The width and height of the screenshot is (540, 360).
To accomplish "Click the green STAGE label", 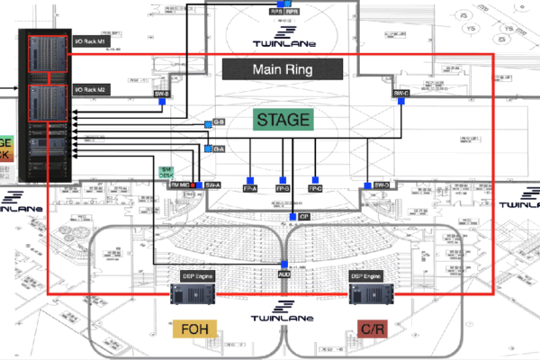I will click(x=283, y=120).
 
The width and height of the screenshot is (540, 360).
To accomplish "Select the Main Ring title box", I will click(x=283, y=69).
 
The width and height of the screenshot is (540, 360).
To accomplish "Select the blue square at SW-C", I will click(x=401, y=103).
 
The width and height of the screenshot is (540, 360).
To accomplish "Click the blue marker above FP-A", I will click(x=250, y=178).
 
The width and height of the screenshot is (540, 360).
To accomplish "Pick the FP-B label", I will click(x=283, y=189).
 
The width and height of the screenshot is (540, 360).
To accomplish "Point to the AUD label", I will click(x=283, y=274).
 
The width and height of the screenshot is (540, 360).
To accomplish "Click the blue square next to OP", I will click(x=292, y=218).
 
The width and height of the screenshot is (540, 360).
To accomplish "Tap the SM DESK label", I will click(x=166, y=172).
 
